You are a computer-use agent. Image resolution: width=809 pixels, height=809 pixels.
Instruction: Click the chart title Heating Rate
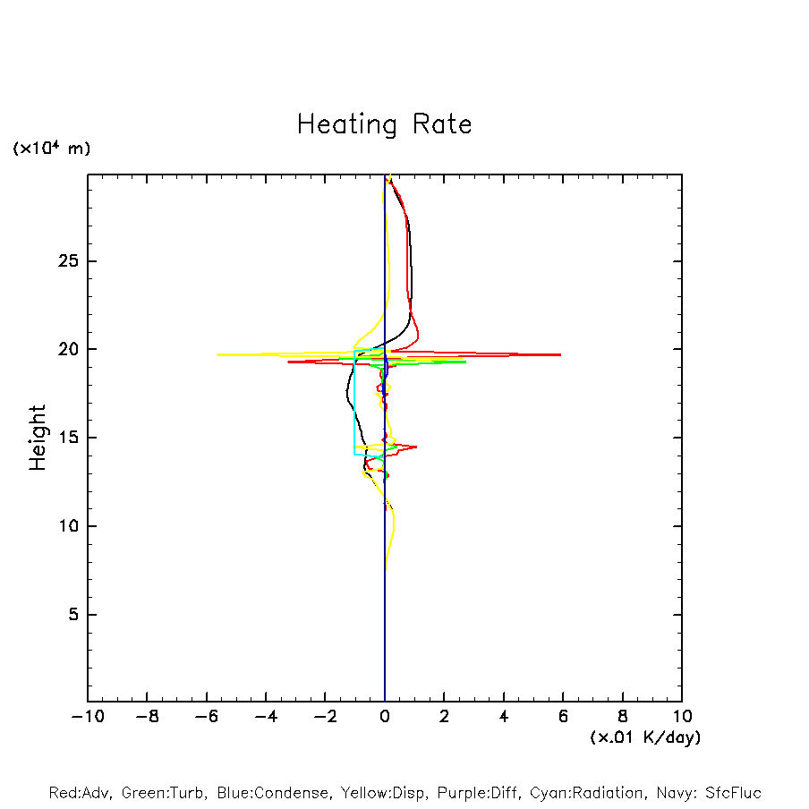click(384, 124)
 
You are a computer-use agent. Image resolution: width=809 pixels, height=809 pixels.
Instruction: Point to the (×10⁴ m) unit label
click(52, 149)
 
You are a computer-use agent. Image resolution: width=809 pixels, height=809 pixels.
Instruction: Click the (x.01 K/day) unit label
click(644, 737)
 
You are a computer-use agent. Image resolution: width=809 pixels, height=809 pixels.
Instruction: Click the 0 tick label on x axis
click(385, 716)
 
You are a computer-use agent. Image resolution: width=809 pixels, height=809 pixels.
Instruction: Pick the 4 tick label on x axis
click(504, 716)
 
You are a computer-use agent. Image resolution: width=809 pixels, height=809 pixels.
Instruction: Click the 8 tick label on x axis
click(623, 716)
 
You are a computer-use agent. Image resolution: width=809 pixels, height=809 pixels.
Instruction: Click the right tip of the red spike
click(560, 354)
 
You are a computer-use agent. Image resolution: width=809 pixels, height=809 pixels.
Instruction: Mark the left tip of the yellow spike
click(217, 354)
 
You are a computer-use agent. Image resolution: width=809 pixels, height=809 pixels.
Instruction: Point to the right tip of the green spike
click(465, 362)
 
